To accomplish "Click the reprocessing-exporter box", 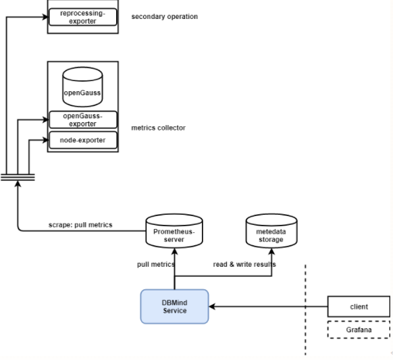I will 82,17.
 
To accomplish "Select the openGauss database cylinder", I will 82,87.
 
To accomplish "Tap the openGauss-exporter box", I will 82,120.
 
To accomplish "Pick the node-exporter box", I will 82,140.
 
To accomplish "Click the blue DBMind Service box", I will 174,306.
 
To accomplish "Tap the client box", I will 359,306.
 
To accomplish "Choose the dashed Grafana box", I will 359,329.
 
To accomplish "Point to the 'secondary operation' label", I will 164,16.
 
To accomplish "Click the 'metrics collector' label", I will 158,128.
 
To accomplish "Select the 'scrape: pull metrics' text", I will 80,224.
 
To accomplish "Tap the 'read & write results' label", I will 244,264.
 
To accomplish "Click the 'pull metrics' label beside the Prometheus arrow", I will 155,264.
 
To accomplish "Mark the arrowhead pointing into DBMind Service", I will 212,306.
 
